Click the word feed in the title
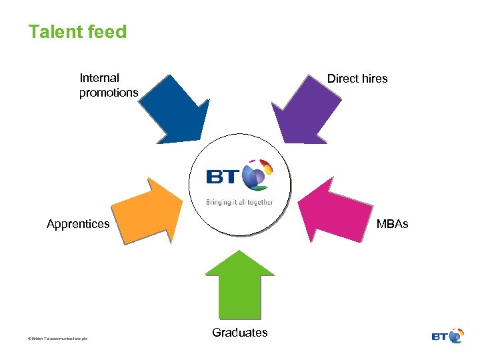(107, 31)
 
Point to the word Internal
(99, 78)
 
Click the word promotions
(109, 93)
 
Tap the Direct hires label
(357, 79)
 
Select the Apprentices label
(78, 224)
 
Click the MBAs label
(392, 224)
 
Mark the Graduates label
(240, 333)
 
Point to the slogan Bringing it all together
(239, 201)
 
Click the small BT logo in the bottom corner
(447, 336)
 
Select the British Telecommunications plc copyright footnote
(58, 339)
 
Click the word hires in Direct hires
(375, 79)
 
